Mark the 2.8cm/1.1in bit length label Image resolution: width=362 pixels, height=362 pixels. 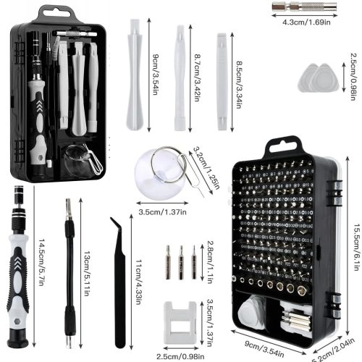pos(210,257)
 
